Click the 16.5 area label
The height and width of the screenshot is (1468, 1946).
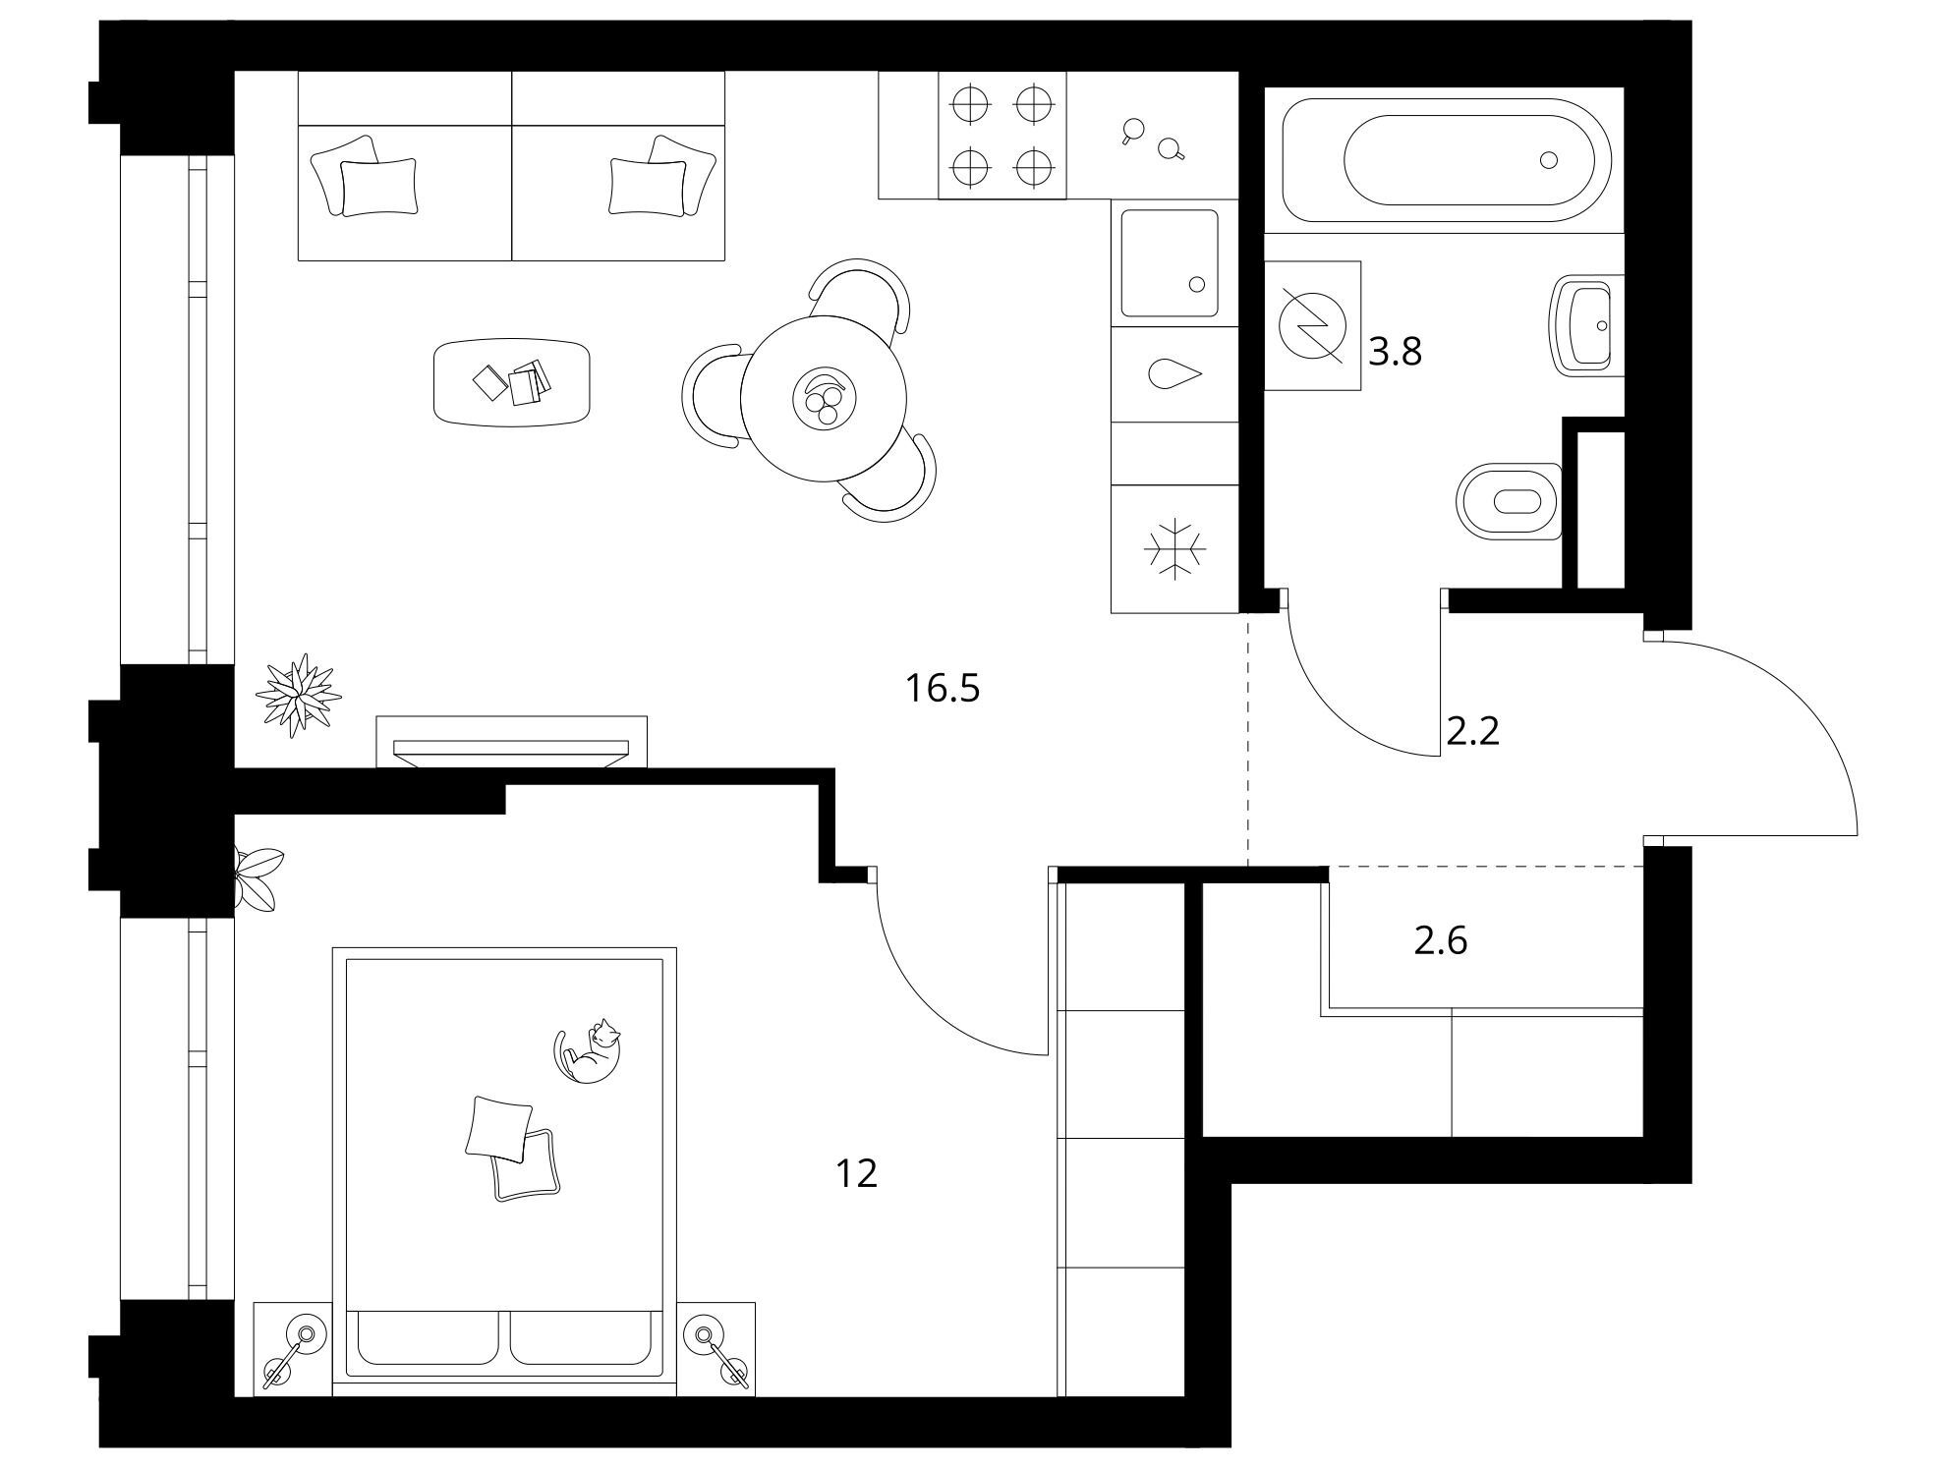943,689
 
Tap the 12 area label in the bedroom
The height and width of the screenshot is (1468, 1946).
856,1173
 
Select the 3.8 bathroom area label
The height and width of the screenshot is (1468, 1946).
1396,351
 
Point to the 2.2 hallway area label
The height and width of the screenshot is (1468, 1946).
1473,731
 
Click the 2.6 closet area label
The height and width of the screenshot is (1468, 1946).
1441,941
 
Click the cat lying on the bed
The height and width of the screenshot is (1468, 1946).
589,1051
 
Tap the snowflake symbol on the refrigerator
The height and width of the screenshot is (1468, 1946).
1174,549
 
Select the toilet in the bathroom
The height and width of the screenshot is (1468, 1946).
1511,501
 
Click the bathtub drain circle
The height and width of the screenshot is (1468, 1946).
1549,159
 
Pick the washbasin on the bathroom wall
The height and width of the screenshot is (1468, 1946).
1583,325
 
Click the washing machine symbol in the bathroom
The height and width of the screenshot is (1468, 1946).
1312,326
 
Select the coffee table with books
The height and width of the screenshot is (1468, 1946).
512,382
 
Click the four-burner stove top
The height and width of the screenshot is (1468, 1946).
1002,136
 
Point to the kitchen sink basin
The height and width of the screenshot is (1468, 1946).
1169,263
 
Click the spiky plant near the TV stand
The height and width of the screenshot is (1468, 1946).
298,695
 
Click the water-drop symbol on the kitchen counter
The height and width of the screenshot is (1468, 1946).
1174,374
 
